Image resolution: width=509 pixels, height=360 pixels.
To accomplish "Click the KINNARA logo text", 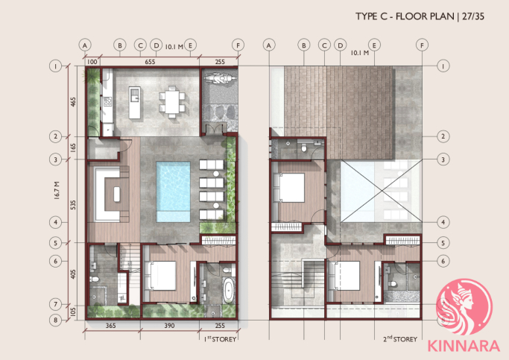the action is click(464, 346).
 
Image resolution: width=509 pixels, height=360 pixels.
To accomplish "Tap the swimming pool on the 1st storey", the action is click(173, 192).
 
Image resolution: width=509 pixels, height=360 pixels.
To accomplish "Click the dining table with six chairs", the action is click(172, 101).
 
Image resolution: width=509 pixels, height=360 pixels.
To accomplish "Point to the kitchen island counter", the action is click(135, 102).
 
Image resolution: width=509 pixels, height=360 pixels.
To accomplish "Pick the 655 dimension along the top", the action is click(150, 62).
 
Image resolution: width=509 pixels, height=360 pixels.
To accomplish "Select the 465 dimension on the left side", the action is click(73, 101).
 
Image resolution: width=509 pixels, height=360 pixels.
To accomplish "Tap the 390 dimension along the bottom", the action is click(169, 326).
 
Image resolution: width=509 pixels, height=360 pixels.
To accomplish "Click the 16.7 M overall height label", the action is click(57, 190).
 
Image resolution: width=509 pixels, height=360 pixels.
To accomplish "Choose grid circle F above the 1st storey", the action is click(238, 45).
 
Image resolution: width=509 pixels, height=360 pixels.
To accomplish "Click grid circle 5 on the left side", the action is click(55, 243).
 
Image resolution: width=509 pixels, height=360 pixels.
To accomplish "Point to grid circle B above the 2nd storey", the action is click(304, 45).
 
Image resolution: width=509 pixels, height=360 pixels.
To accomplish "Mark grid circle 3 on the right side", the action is click(443, 160).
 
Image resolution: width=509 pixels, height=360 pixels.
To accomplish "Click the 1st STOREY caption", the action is click(220, 339).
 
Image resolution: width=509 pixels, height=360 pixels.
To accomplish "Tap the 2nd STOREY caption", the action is click(400, 339).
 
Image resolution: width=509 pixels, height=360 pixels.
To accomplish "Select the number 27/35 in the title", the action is click(473, 16).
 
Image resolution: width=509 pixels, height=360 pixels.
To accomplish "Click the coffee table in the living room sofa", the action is click(116, 195).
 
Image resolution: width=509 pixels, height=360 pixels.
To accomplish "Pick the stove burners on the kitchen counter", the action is click(107, 102).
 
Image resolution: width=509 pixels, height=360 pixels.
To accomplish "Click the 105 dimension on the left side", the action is click(73, 312).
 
